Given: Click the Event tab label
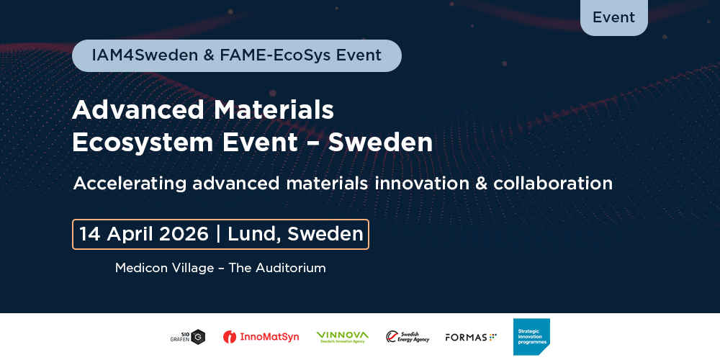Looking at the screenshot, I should coord(613,17).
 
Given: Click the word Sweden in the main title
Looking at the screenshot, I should coord(380,142).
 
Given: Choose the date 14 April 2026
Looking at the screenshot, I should coord(144,234).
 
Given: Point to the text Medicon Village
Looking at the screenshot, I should coord(164,268).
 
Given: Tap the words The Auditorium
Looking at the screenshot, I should coord(277,268).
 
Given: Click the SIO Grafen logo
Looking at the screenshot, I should coord(188,337).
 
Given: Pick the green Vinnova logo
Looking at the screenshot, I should coord(342,336).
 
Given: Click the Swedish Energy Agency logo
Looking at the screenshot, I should coord(408,336).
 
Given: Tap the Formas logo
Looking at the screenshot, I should coord(471,337).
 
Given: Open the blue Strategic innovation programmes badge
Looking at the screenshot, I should coord(531,336).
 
